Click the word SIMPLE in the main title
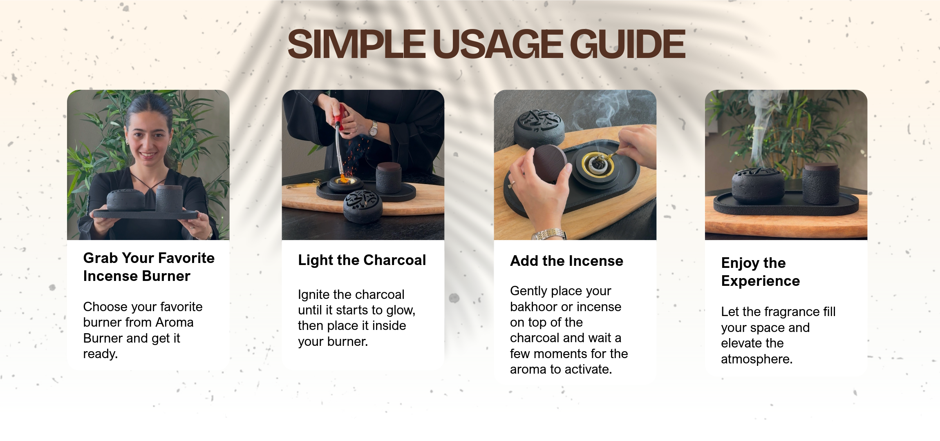point(357,44)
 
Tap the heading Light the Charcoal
point(362,260)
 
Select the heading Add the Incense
point(566,261)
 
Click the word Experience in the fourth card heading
point(761,281)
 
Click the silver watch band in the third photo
point(549,235)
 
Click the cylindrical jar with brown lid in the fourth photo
point(821,183)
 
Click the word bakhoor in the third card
point(533,307)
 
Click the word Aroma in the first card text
point(174,323)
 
